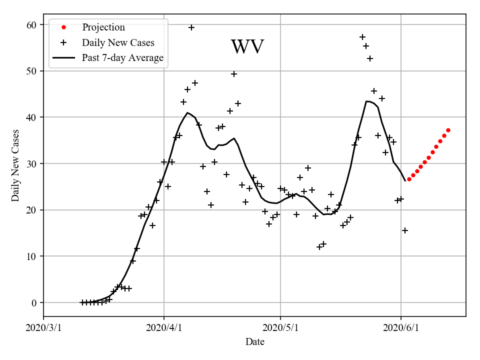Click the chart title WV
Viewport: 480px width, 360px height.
(247, 47)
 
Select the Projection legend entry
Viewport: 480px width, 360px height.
(103, 27)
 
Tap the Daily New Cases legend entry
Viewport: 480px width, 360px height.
(118, 42)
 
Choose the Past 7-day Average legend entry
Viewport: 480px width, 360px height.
(122, 58)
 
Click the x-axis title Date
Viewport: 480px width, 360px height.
(255, 342)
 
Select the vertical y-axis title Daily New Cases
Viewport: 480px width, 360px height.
(15, 165)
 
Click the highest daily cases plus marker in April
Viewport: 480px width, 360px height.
(191, 27)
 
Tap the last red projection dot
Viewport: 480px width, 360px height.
(448, 130)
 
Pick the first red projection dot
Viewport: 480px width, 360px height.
(409, 179)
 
